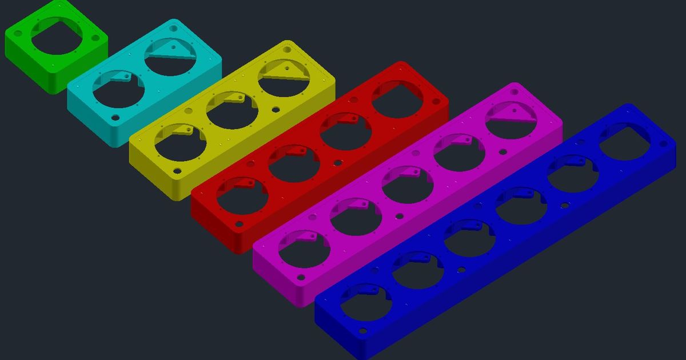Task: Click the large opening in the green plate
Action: (x=56, y=37)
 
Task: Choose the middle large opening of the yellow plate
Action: (x=231, y=111)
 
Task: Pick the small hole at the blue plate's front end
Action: (x=362, y=331)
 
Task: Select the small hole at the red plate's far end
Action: (x=436, y=102)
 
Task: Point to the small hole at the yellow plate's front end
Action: (x=177, y=170)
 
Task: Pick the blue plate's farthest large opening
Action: (x=624, y=142)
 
